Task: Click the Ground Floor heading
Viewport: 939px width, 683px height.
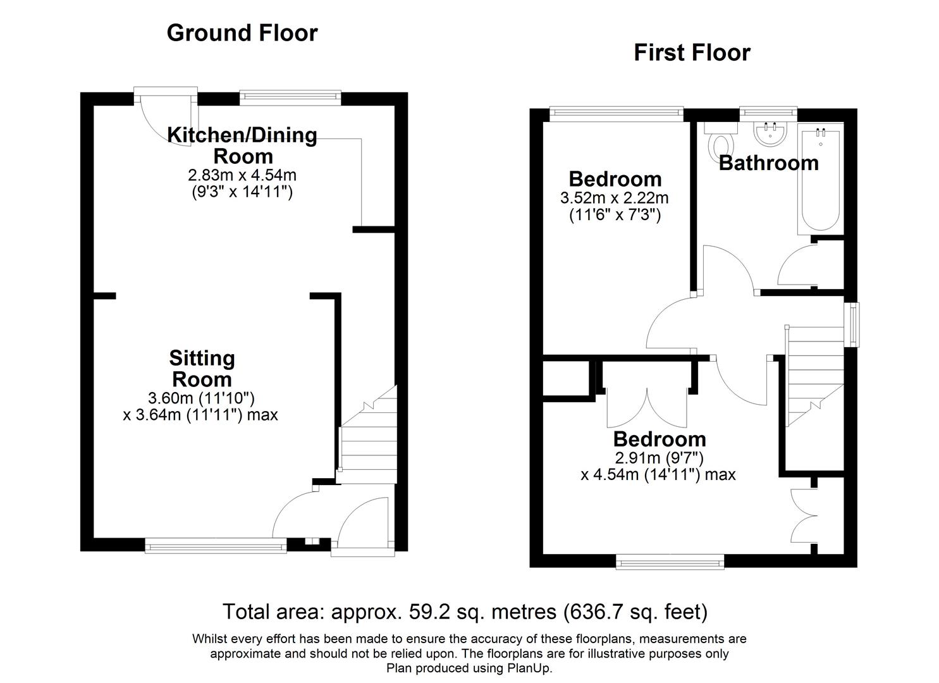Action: pyautogui.click(x=242, y=33)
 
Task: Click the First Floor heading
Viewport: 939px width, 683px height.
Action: pyautogui.click(x=692, y=52)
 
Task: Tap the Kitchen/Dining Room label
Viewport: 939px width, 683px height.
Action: pyautogui.click(x=242, y=145)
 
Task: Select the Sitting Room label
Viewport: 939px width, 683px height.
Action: pyautogui.click(x=202, y=369)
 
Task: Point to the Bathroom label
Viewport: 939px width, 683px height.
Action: pyautogui.click(x=768, y=163)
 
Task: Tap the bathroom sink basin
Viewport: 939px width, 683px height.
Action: pyautogui.click(x=770, y=133)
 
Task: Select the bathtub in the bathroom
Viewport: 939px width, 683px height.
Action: pyautogui.click(x=820, y=179)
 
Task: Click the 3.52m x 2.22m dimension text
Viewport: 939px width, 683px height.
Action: pyautogui.click(x=614, y=198)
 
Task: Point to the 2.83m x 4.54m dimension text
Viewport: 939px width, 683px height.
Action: pyautogui.click(x=242, y=175)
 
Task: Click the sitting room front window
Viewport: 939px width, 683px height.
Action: pyautogui.click(x=215, y=546)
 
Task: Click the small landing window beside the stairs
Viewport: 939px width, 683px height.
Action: pyautogui.click(x=854, y=324)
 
